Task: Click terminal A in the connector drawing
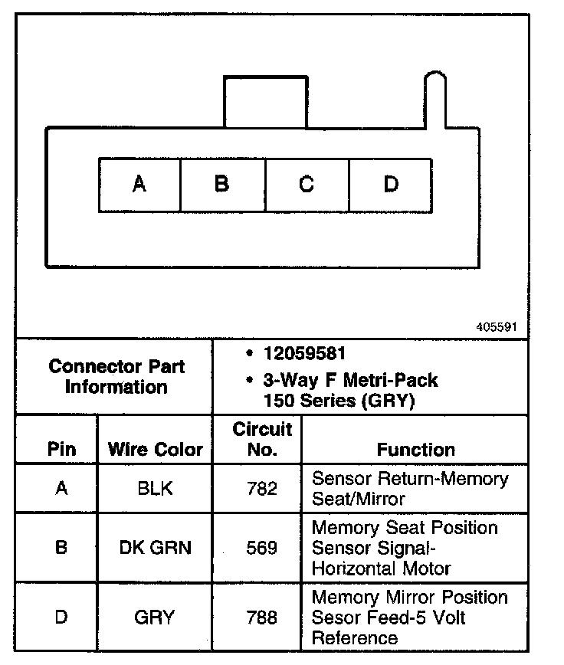coord(139,185)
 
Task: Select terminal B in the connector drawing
coord(221,185)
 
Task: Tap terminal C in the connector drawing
coord(307,185)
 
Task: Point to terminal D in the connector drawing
coord(391,185)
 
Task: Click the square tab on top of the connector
coord(265,101)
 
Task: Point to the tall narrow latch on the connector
coord(434,100)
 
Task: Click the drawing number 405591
coord(497,326)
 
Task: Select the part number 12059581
coord(303,354)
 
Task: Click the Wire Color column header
coord(155,449)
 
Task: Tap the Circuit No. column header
coord(262,439)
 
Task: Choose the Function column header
coord(415,450)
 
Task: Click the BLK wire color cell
coord(155,489)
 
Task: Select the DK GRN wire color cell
coord(155,549)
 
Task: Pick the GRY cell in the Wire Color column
coord(155,617)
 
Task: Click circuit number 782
coord(262,489)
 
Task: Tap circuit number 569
coord(262,549)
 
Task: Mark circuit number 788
coord(262,617)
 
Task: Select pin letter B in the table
coord(61,549)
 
